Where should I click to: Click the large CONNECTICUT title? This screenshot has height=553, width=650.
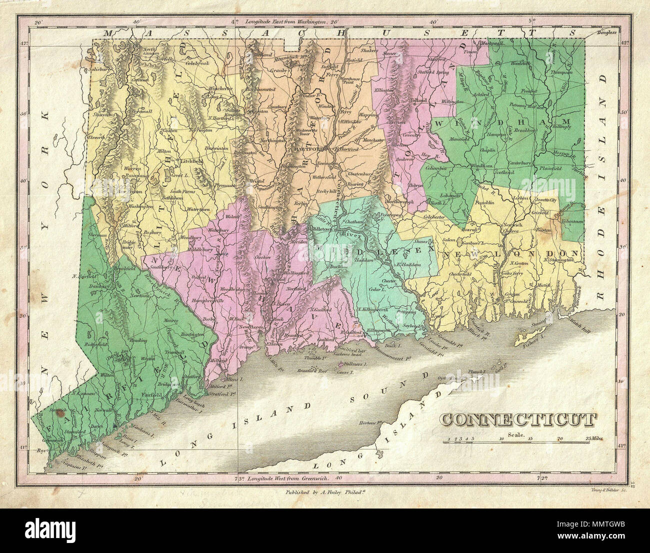518,420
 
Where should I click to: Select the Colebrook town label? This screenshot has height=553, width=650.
196,63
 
